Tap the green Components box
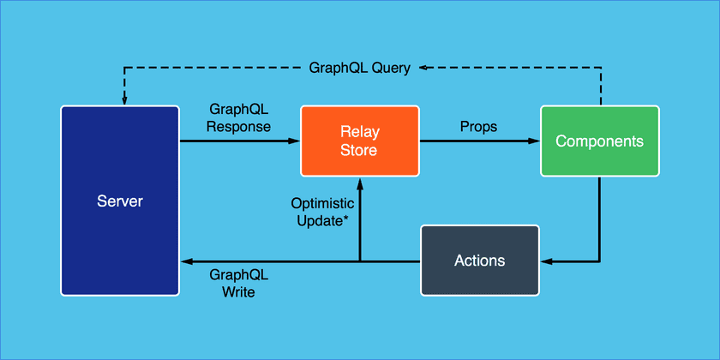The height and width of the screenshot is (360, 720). pos(599,141)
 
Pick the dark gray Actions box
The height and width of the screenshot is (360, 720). pos(479,260)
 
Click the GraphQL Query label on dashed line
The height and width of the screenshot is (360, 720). pos(359,68)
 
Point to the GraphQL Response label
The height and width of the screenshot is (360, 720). pos(240,118)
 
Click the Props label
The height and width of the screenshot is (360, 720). pos(478,126)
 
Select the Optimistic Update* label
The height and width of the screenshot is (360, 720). pos(322,212)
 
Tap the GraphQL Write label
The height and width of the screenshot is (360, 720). pos(239,284)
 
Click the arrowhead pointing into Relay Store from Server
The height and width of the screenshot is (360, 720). pos(293,141)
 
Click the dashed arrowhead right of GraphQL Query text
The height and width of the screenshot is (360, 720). pos(423,68)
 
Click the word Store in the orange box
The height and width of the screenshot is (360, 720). pos(359,150)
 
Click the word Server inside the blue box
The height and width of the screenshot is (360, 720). pos(119,201)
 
